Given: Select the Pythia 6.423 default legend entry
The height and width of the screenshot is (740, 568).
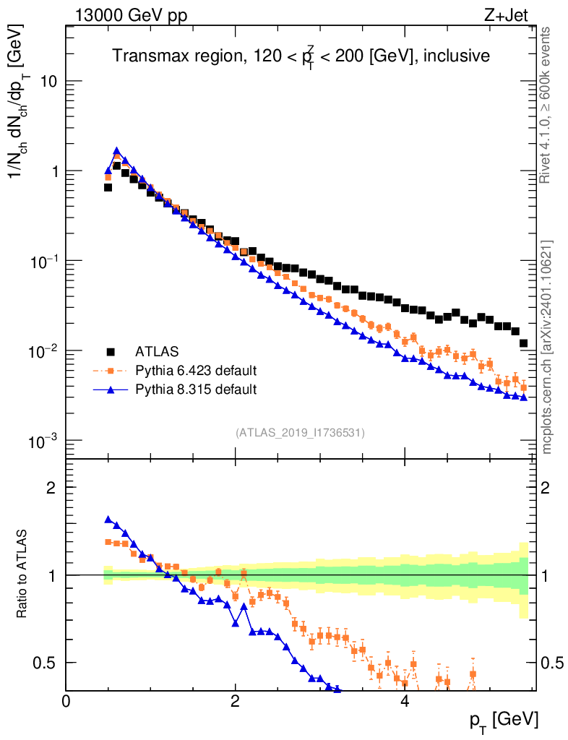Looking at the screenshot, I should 195,371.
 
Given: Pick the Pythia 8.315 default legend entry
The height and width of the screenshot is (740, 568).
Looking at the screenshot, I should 195,390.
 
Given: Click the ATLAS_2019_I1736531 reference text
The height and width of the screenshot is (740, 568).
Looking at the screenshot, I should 300,433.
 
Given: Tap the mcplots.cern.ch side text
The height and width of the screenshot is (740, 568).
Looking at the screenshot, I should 547,347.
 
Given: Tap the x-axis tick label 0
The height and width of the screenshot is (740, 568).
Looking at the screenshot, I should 66,701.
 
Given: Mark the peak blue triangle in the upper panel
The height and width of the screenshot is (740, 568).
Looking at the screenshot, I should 116,151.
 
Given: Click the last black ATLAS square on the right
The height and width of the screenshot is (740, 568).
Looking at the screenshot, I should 523,343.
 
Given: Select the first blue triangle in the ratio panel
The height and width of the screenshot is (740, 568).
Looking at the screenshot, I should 108,519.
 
